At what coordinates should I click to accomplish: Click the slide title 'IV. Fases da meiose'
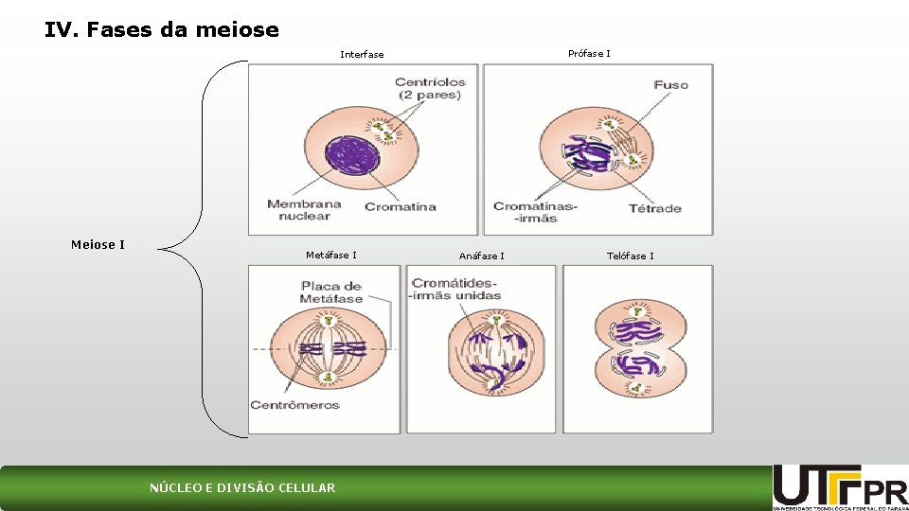[x=161, y=30]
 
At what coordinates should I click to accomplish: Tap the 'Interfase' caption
[x=362, y=55]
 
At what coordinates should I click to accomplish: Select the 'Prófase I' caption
[x=589, y=54]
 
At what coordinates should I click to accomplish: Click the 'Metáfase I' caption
[x=331, y=255]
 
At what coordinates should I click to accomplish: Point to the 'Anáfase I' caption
[x=481, y=256]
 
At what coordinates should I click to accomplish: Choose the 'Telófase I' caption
[x=630, y=256]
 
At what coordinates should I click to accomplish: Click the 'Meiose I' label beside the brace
[x=98, y=245]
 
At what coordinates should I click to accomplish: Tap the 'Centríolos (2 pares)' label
[x=430, y=89]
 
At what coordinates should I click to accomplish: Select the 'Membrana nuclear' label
[x=304, y=210]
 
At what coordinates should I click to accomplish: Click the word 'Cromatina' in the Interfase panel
[x=401, y=207]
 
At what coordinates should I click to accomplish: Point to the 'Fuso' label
[x=670, y=85]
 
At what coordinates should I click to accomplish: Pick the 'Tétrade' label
[x=654, y=208]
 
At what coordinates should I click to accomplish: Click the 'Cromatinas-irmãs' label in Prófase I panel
[x=535, y=212]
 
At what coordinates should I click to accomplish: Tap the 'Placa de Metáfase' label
[x=331, y=292]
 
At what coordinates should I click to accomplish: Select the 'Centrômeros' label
[x=294, y=405]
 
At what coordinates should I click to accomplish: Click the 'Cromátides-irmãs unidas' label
[x=454, y=290]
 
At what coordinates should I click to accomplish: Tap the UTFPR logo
[x=839, y=487]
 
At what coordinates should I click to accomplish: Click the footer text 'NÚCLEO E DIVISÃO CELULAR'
[x=242, y=488]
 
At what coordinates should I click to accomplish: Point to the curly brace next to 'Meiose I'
[x=204, y=249]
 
